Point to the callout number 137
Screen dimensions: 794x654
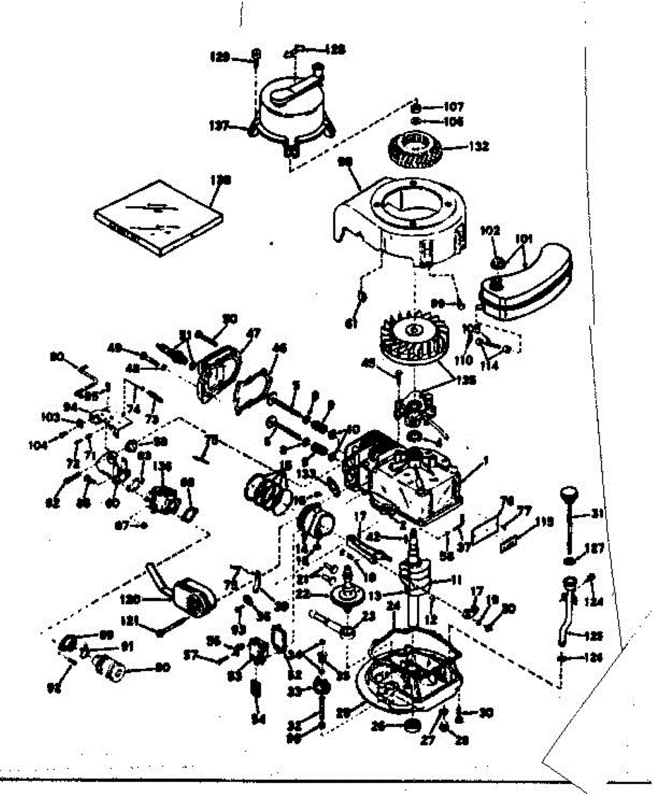pos(236,124)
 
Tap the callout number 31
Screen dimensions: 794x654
pos(597,513)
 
